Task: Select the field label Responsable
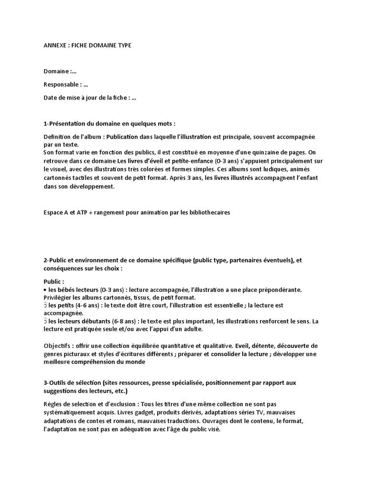click(x=61, y=85)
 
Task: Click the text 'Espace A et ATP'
click(x=65, y=212)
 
